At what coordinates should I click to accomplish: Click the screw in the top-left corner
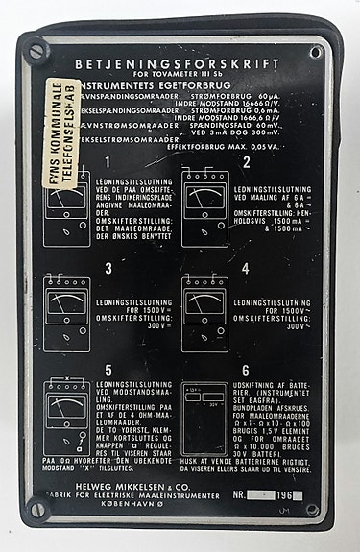pos(36,50)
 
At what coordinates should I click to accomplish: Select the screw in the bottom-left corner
pos(37,509)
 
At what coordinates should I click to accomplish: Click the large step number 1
pos(109,163)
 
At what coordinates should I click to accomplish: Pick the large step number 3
pos(109,268)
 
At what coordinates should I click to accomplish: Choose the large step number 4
pos(245,268)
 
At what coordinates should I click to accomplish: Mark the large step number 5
pos(109,371)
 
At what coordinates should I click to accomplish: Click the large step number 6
pos(246,371)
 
